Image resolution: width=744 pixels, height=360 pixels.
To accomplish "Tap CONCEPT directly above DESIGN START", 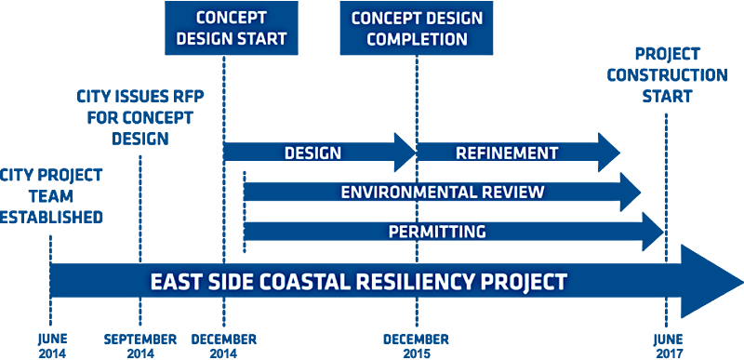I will click(232, 18).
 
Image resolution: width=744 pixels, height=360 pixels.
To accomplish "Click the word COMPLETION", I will click(417, 39).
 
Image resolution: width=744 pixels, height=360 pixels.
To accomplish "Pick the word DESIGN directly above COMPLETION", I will click(451, 18).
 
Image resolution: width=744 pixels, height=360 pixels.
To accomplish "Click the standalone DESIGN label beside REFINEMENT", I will click(312, 153).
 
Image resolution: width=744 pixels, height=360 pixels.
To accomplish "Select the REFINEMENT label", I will click(507, 153).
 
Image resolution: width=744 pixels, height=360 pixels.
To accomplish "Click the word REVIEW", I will click(512, 193).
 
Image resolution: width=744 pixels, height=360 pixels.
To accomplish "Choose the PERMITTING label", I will click(437, 232).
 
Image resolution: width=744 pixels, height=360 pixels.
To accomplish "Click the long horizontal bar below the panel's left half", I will click(147, 339).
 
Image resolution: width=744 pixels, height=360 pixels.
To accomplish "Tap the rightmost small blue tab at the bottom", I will click(670, 353).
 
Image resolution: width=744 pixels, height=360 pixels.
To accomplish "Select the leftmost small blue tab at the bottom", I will click(52, 353).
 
